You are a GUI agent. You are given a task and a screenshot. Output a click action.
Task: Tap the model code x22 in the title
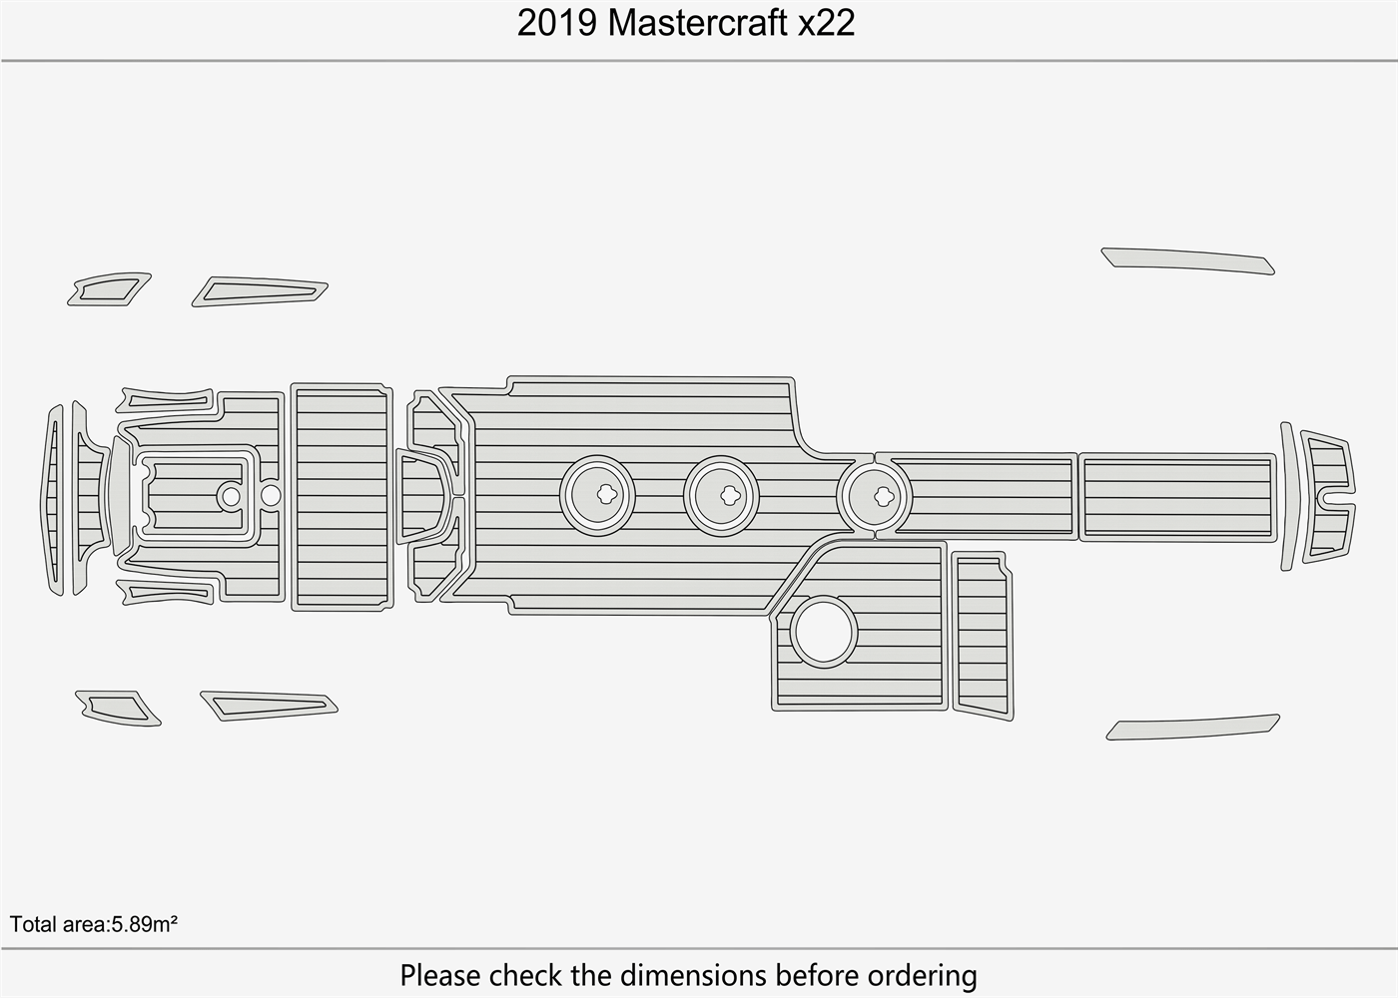tap(825, 23)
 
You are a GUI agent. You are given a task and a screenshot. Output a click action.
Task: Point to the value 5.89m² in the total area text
tap(144, 924)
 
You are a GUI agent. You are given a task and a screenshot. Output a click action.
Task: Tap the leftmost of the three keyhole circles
tap(597, 494)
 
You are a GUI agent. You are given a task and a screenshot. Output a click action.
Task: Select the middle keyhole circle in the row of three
tap(721, 494)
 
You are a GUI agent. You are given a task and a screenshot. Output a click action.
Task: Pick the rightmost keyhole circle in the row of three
tap(874, 496)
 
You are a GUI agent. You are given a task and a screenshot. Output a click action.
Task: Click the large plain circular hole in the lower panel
tap(824, 632)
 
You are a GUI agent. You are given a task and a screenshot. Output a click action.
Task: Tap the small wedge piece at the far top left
tap(109, 289)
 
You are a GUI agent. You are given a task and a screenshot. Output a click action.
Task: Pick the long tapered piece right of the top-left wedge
tap(260, 291)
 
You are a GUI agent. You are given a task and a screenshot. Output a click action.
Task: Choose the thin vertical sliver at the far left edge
tap(52, 499)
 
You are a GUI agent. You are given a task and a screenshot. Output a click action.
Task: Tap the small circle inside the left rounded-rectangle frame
tap(231, 496)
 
